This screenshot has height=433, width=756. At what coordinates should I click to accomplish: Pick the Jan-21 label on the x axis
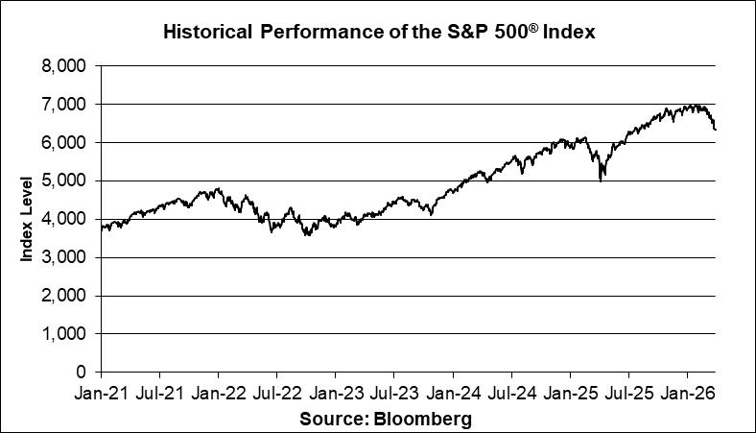pyautogui.click(x=101, y=393)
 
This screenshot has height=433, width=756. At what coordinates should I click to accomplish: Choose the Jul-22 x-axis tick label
pyautogui.click(x=276, y=393)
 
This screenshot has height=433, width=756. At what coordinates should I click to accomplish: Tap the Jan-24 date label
pyautogui.click(x=453, y=393)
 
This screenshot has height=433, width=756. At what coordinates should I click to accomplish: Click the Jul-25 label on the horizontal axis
pyautogui.click(x=628, y=393)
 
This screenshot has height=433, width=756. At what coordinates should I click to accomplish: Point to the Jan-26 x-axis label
pyautogui.click(x=687, y=393)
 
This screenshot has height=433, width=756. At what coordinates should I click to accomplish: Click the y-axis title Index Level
pyautogui.click(x=27, y=218)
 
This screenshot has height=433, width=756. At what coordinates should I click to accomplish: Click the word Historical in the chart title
pyautogui.click(x=205, y=32)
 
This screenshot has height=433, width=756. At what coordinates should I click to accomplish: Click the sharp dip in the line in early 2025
pyautogui.click(x=601, y=179)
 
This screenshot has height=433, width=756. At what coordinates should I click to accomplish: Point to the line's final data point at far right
pyautogui.click(x=716, y=129)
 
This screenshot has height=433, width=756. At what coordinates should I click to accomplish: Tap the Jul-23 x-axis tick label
pyautogui.click(x=393, y=393)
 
